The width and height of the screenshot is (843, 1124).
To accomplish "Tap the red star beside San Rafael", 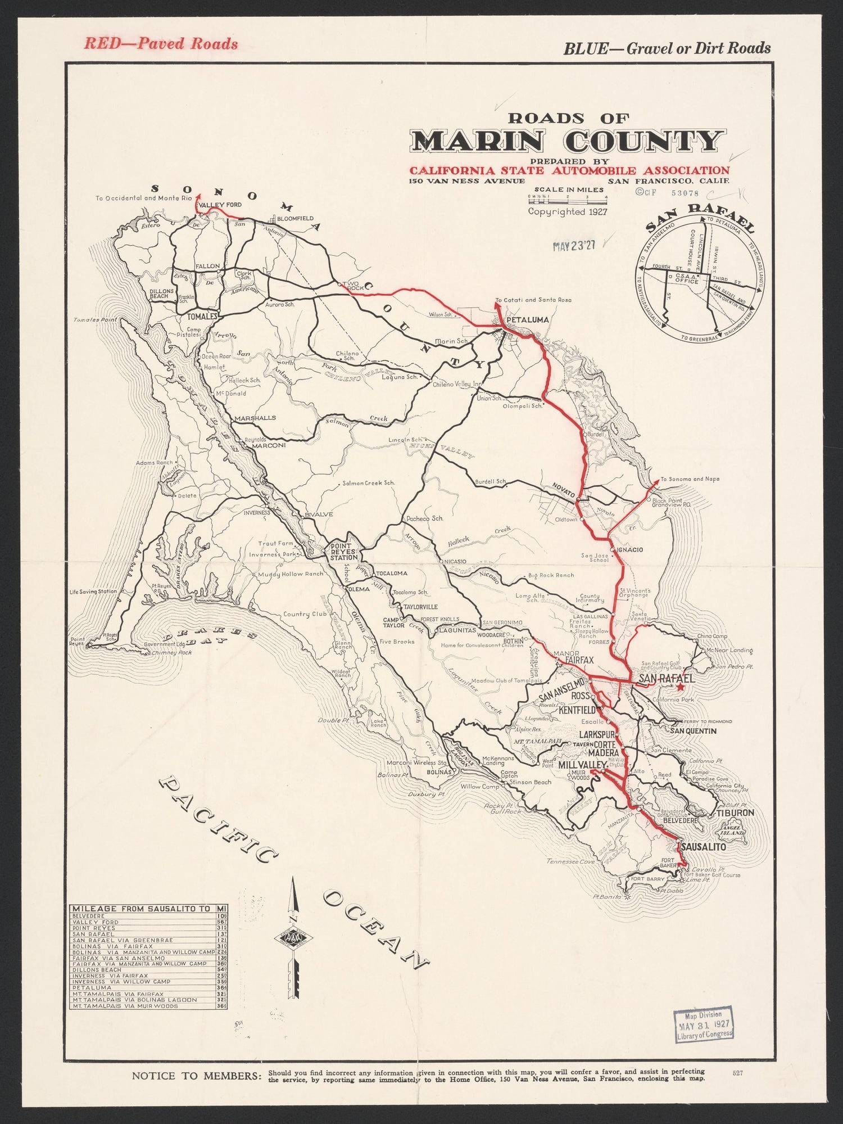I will point(681,687).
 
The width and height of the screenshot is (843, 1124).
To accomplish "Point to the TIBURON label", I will point(734,813).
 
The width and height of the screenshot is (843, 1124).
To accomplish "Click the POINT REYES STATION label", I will point(343,552).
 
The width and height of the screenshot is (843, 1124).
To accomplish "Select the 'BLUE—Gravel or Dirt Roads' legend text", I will point(667,48).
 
